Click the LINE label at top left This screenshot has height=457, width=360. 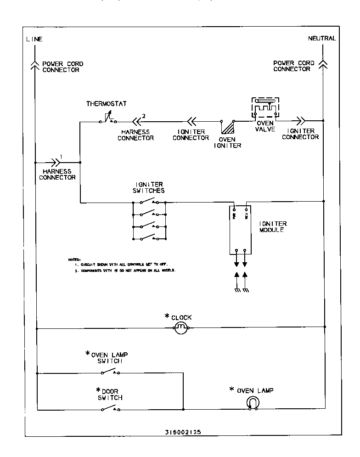(34, 39)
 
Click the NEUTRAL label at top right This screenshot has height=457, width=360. (322, 39)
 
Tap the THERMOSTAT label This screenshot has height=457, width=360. (106, 104)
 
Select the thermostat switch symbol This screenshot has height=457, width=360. (107, 120)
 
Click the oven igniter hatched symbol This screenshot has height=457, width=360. (227, 127)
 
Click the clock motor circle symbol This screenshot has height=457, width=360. (180, 327)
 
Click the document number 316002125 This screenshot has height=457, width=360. (183, 432)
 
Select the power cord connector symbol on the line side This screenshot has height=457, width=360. (35, 65)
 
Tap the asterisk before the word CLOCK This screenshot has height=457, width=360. (167, 316)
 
